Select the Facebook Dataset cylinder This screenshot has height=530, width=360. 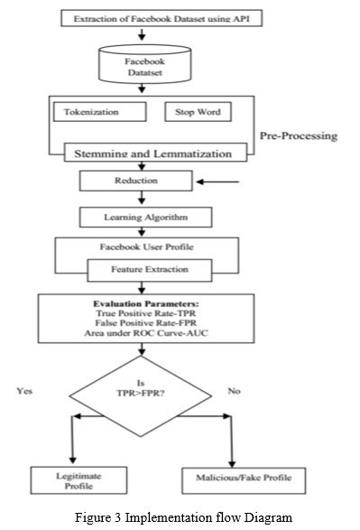coord(145,68)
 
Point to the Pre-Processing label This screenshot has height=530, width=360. coord(298,136)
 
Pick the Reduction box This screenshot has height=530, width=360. coord(134,181)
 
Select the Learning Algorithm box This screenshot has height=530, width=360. coord(146,218)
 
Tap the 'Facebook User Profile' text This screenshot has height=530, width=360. coord(145,246)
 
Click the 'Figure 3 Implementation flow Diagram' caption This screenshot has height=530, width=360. coord(180,517)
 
